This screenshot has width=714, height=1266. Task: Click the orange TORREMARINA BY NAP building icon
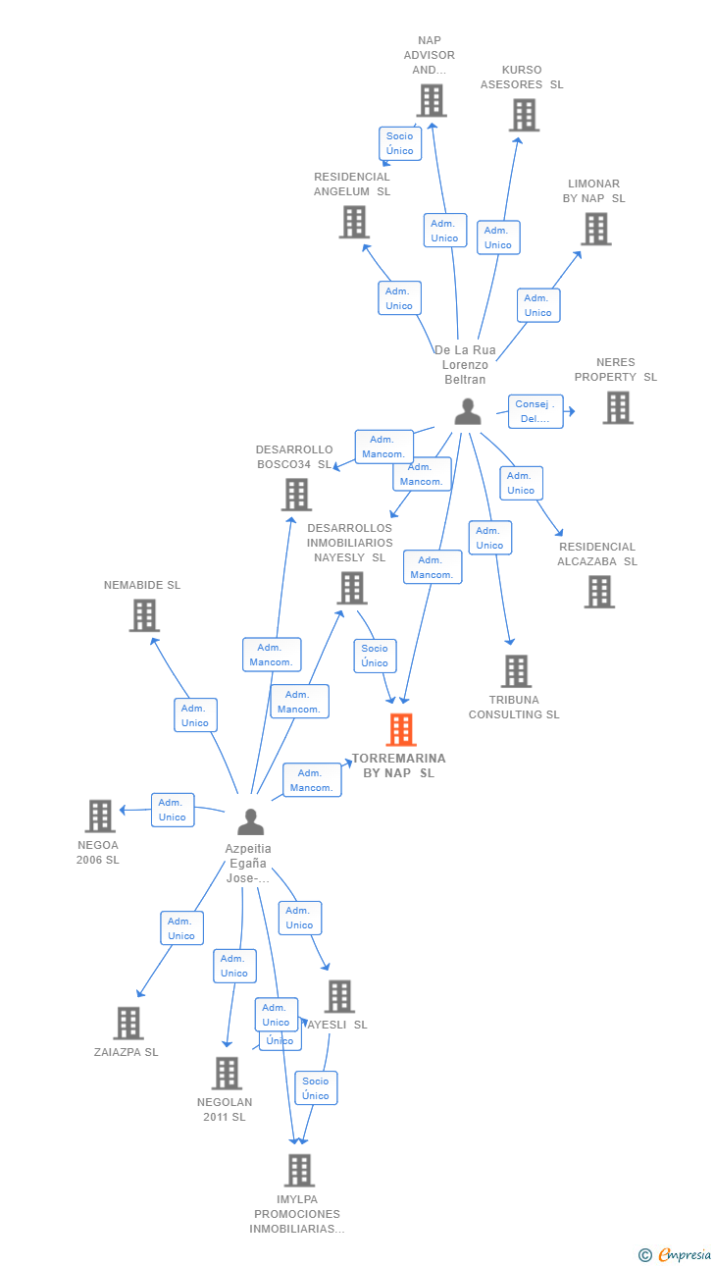point(401,730)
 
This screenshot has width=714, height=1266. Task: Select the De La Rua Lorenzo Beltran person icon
point(468,411)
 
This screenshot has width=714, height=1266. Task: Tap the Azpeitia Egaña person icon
point(251,821)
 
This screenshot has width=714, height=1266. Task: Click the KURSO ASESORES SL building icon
point(524,115)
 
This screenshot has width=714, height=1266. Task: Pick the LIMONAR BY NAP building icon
point(595,229)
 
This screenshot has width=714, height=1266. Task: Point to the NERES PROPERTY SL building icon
point(618,407)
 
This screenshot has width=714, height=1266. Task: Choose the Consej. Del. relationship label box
point(536,411)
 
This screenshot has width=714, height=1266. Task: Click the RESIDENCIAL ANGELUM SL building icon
point(354,222)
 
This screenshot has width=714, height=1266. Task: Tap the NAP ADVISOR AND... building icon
point(432,100)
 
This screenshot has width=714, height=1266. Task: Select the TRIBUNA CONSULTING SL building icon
point(516,671)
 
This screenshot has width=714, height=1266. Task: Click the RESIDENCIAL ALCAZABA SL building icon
point(599,592)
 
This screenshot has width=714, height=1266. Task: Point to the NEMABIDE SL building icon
point(144,615)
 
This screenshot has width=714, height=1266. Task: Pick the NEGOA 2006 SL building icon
point(100,816)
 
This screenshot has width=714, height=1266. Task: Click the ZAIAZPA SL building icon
point(127,1023)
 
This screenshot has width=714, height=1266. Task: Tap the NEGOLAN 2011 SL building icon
point(227,1073)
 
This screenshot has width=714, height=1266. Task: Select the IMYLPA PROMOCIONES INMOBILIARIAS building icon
point(299,1170)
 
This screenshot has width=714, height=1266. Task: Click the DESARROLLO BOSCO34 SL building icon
point(296,495)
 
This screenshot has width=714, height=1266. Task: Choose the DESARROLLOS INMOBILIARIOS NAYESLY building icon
point(351,588)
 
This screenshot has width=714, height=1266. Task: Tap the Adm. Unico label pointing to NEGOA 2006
point(173,810)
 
